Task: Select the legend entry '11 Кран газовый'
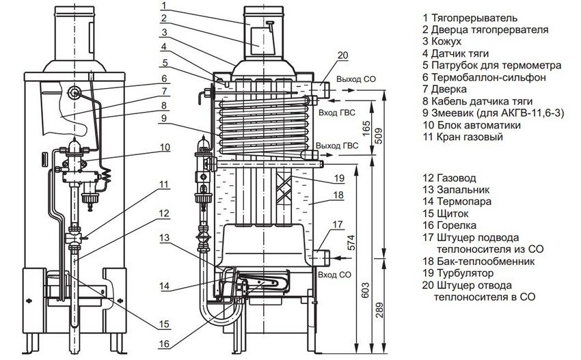pos(462,137)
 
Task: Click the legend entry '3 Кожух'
pos(446,42)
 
